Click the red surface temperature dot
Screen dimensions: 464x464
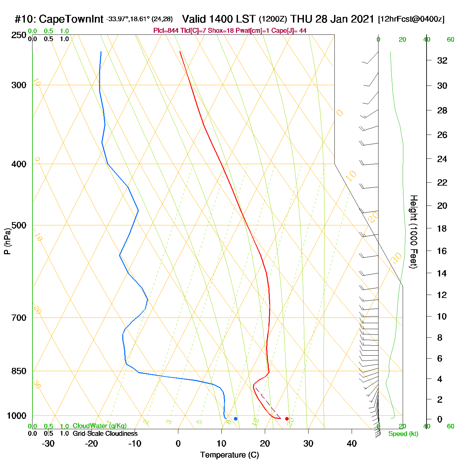point(287,419)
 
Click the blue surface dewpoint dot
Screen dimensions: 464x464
point(236,419)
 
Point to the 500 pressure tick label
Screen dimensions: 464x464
point(19,225)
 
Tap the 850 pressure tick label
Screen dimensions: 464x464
point(19,371)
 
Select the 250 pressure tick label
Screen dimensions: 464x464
point(19,35)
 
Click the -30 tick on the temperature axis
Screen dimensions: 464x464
point(48,443)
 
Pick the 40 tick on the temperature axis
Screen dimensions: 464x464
point(352,443)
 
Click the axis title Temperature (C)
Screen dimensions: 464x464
point(229,455)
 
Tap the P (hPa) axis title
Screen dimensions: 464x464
point(7,241)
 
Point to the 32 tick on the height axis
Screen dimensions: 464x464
point(442,60)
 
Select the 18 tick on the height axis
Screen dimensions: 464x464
point(442,228)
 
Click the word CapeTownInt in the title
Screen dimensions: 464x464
point(71,19)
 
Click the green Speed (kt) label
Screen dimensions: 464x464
point(403,434)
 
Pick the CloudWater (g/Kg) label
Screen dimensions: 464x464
point(99,426)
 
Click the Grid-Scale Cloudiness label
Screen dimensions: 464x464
point(105,434)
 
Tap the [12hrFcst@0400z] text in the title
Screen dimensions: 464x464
point(411,19)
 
